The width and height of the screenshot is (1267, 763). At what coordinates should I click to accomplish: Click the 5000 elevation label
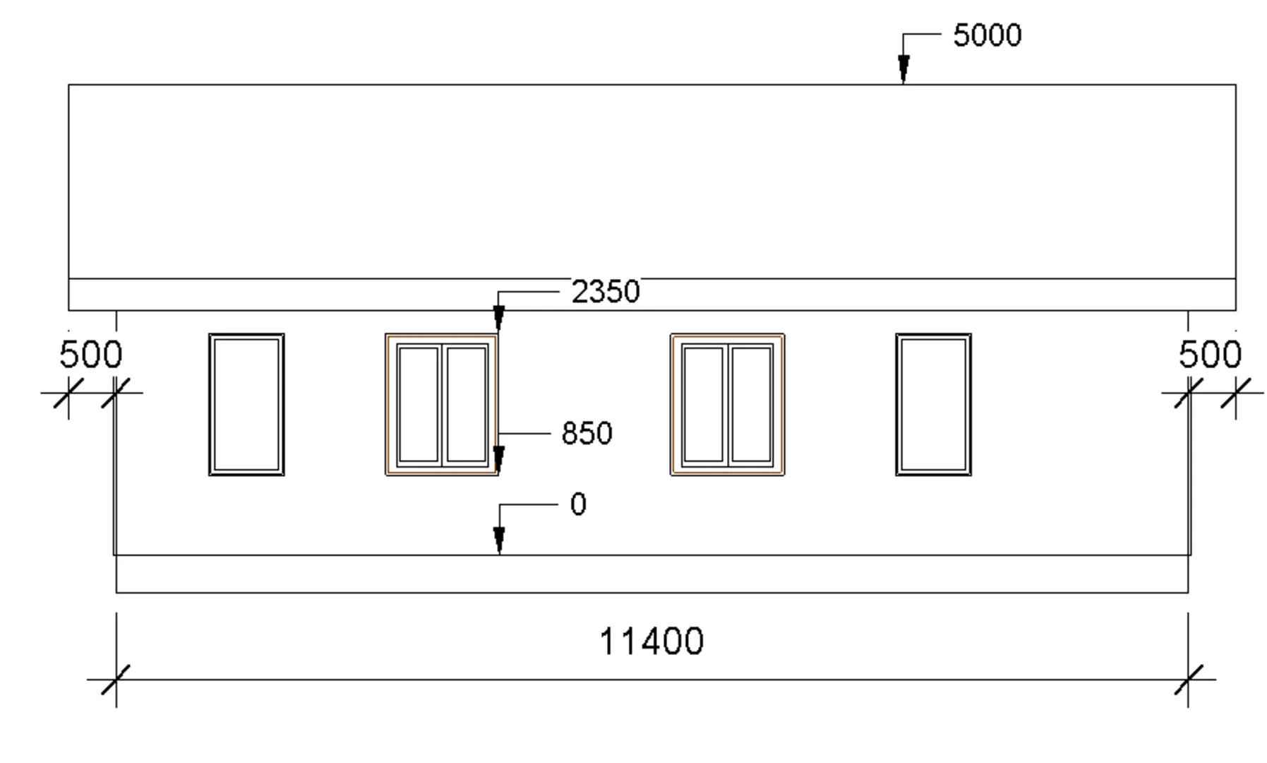987,35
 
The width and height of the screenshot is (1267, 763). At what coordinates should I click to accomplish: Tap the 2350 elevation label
605,292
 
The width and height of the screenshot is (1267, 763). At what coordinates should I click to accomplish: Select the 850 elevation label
587,433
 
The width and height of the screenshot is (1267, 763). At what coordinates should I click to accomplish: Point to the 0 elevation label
578,505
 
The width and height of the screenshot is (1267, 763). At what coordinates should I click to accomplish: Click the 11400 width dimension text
651,641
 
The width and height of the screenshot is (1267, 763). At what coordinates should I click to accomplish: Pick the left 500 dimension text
91,355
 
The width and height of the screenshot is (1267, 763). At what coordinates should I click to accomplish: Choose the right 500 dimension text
1210,355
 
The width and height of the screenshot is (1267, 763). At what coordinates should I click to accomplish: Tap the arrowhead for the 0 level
499,540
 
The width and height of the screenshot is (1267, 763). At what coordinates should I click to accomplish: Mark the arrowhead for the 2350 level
499,318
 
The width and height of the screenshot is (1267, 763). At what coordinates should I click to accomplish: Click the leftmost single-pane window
246,404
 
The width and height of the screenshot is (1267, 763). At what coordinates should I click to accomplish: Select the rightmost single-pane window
933,404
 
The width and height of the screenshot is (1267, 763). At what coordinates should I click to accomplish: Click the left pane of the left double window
419,404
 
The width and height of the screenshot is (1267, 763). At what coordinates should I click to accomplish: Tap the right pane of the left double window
467,404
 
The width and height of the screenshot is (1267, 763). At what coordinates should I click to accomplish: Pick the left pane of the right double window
704,404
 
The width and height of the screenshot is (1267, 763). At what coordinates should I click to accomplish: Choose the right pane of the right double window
751,404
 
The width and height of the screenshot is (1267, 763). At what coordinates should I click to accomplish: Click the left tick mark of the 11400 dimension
116,680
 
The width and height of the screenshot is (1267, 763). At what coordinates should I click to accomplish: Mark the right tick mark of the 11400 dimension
1188,680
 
